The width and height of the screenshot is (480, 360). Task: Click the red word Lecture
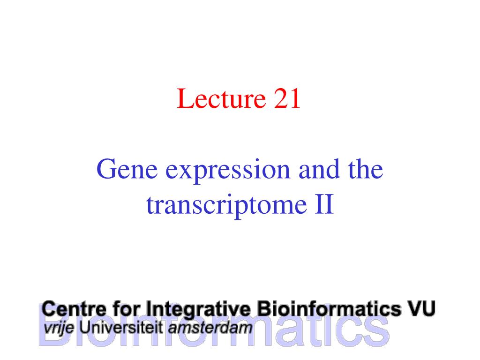click(221, 98)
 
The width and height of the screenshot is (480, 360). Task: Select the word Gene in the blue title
click(127, 169)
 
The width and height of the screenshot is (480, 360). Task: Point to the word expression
click(228, 171)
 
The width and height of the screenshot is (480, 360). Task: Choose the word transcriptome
click(226, 206)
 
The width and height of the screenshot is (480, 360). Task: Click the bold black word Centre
click(74, 309)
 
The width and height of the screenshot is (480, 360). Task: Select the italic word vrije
click(59, 329)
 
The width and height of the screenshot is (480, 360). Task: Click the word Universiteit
click(121, 328)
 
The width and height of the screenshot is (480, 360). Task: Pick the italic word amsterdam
click(210, 328)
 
